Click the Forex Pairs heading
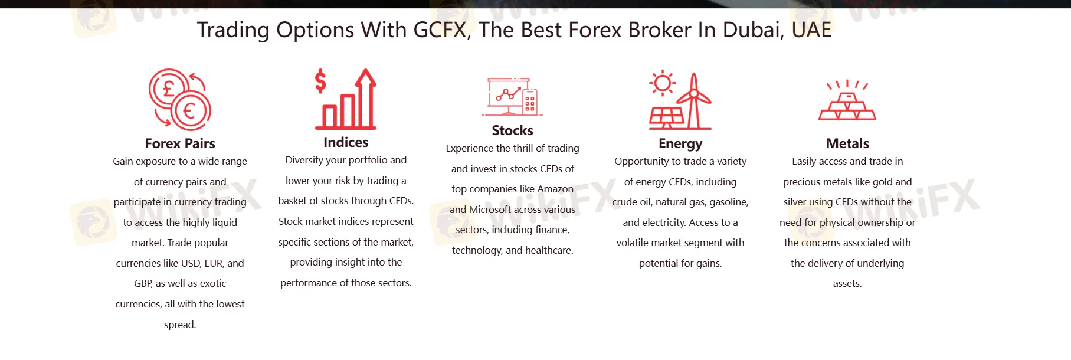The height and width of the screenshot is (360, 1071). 180,143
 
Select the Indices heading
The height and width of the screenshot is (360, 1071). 346,142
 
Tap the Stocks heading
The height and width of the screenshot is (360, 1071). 512,130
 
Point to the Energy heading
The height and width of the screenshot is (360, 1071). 680,144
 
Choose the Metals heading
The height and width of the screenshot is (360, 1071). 847,143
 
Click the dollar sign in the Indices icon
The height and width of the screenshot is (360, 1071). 320,81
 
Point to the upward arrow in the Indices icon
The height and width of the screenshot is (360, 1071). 366,97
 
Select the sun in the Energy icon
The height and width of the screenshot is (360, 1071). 662,83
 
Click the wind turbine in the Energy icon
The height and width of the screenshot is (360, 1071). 694,100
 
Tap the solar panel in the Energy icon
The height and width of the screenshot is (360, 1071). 666,117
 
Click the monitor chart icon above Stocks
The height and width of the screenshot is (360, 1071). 512,96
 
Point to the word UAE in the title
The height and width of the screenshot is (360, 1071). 811,30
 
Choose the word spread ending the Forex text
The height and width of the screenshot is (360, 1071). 180,325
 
